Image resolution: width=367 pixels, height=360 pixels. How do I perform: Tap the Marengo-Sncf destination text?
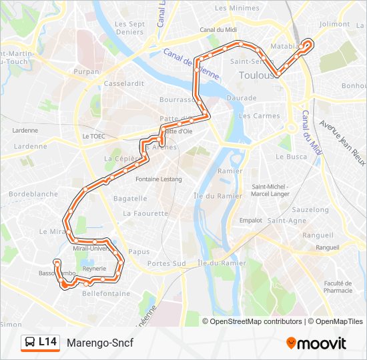[100, 343]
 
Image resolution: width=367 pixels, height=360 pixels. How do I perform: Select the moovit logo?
[316, 343]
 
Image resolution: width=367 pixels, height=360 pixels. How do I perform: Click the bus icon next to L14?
[30, 343]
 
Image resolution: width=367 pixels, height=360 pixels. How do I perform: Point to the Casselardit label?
[123, 84]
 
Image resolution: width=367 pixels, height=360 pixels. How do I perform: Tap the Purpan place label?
[87, 71]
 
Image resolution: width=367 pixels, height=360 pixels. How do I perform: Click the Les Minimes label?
[237, 8]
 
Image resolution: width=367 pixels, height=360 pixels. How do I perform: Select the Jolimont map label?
[334, 24]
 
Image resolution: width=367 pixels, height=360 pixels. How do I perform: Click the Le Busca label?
[290, 157]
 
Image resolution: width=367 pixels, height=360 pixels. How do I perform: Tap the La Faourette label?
[145, 214]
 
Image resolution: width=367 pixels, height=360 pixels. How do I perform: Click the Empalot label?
[251, 220]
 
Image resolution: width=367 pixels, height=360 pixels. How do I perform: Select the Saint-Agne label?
[286, 221]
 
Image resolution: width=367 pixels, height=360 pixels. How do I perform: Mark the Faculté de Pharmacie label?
[338, 287]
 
